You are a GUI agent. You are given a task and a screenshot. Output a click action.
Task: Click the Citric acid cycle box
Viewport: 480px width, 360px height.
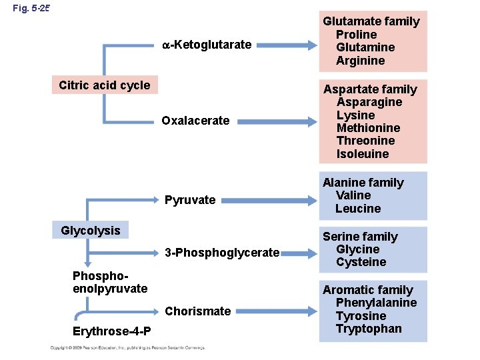104,85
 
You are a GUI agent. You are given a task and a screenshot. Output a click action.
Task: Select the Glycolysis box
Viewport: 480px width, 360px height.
91,231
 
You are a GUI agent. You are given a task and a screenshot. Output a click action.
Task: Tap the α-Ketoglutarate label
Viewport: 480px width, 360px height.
207,45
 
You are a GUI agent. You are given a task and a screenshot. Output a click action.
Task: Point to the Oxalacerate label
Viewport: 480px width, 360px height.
195,121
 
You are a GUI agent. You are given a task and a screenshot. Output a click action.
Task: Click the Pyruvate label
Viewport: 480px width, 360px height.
190,200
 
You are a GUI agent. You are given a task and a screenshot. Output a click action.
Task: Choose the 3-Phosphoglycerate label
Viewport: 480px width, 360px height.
222,253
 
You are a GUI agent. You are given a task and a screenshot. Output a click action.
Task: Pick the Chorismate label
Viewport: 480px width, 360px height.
198,311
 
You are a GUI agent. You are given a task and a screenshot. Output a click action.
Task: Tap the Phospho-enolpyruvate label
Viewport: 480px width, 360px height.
110,282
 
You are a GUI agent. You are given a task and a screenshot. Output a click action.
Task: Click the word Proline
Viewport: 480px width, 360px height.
356,35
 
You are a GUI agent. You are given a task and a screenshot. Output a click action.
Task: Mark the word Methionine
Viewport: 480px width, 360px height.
368,128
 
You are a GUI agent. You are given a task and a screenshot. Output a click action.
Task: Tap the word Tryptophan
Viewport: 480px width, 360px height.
369,329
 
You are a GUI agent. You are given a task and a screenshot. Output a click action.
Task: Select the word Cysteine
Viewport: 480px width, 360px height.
361,262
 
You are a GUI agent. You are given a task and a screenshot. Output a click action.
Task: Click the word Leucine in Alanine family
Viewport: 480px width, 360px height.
358,209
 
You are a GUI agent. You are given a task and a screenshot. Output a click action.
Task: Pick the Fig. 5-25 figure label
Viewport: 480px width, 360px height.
31,9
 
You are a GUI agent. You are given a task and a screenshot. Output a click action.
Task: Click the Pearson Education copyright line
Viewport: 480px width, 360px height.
127,347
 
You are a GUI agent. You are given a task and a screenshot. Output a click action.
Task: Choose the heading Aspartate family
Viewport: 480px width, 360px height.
370,89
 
